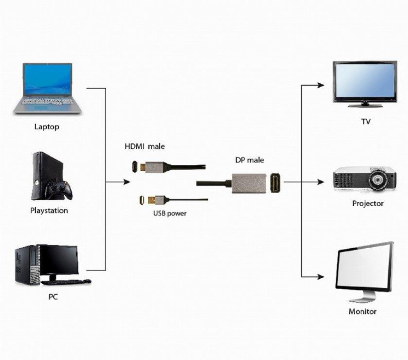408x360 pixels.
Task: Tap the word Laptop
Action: click(47, 127)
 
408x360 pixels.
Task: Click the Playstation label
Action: click(49, 211)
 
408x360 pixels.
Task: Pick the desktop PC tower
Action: click(27, 265)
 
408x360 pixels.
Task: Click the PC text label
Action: click(53, 296)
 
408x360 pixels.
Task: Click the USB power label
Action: click(170, 213)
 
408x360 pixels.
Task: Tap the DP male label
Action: click(249, 161)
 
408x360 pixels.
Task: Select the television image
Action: click(364, 83)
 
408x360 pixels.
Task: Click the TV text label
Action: click(366, 122)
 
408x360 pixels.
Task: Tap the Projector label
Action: click(368, 204)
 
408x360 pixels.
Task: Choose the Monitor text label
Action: click(362, 311)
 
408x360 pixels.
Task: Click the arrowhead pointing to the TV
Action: click(320, 85)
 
